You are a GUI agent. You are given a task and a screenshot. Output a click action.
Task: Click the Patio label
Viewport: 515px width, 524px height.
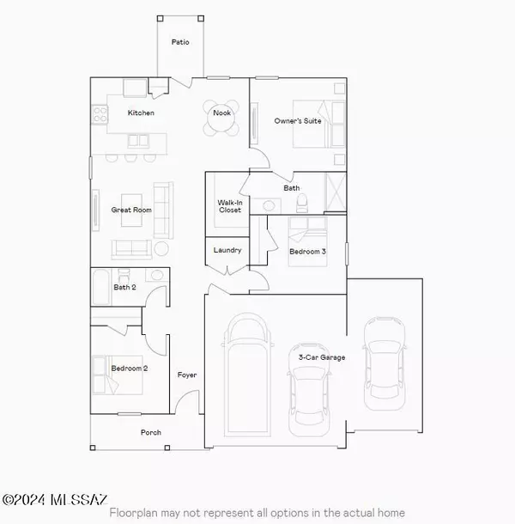click(180, 41)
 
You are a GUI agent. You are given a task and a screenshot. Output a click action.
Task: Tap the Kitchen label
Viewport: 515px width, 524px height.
click(141, 113)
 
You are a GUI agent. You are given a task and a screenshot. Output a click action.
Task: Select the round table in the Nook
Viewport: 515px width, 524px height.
click(218, 121)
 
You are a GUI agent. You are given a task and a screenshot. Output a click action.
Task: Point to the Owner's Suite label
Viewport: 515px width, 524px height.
click(297, 121)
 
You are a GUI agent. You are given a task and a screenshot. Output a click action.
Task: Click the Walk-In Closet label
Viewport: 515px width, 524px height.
click(229, 205)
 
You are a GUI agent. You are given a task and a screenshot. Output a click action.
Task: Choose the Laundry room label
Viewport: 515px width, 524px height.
click(228, 250)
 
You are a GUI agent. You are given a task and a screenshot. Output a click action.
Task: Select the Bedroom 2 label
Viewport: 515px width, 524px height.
click(130, 369)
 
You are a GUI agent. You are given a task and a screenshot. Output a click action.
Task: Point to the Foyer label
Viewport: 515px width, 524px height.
click(187, 375)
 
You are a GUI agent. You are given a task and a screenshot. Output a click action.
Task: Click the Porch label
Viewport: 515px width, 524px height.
click(151, 432)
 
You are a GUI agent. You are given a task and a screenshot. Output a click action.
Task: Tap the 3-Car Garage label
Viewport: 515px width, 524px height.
click(322, 356)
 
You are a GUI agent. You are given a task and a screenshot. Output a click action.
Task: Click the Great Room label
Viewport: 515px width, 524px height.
click(131, 210)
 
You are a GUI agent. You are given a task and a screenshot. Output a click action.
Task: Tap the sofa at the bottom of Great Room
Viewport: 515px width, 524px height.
click(131, 248)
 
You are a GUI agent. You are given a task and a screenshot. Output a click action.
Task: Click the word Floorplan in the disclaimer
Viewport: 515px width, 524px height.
click(136, 513)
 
